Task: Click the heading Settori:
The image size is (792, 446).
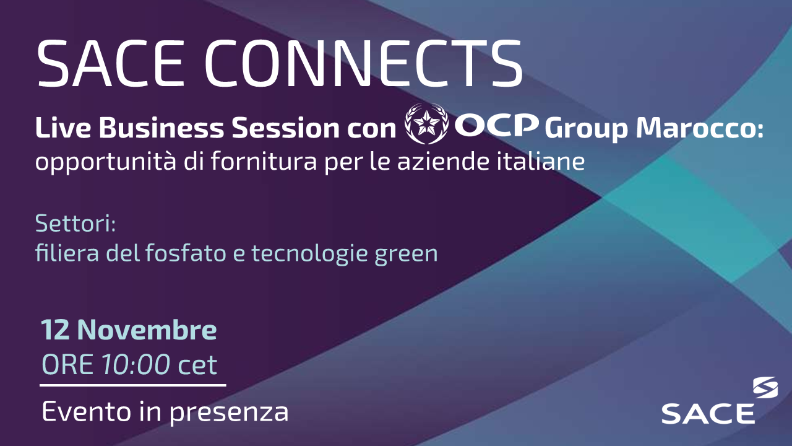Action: click(x=75, y=224)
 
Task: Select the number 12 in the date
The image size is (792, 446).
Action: click(x=55, y=331)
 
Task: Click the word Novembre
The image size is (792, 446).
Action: click(x=147, y=331)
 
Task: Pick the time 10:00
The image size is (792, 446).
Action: click(x=136, y=365)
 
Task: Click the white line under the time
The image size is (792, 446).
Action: click(x=133, y=385)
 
